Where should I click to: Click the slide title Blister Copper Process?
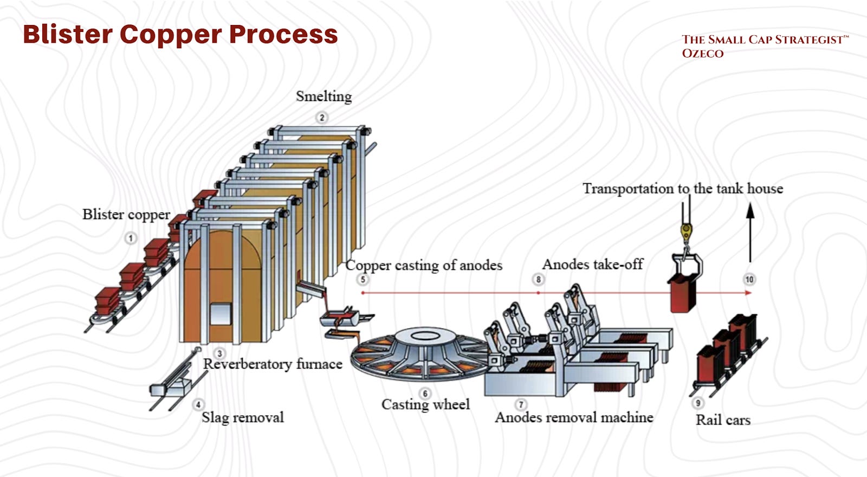point(180,35)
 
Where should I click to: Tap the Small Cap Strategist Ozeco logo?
point(765,46)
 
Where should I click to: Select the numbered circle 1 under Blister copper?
point(131,238)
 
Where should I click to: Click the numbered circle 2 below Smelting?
point(322,117)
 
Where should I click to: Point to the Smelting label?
point(324,96)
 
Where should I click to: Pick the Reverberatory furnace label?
point(273,364)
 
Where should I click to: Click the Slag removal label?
point(243,417)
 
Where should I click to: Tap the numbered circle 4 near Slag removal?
point(198,404)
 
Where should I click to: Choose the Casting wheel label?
point(425,404)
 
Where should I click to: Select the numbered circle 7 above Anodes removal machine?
point(521,404)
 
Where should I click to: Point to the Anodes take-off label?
point(593,265)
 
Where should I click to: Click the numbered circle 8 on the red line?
point(538,280)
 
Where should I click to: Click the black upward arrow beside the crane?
point(750,233)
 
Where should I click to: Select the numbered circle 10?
point(749,280)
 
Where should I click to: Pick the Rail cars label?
point(723,420)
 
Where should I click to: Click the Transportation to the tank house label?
point(683,189)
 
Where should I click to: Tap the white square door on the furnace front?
point(221,314)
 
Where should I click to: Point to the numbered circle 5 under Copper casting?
point(363,280)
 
